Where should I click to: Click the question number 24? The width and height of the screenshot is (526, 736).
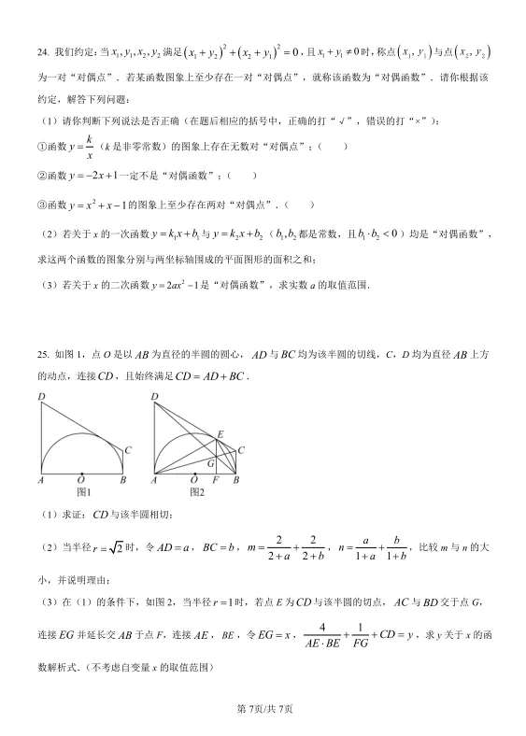[43, 53]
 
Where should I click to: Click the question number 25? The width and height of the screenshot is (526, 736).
[43, 356]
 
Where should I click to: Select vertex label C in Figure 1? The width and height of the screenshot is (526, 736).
[127, 450]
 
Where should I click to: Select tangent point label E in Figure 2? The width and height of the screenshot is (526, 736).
[220, 434]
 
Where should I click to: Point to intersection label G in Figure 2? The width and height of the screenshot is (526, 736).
[210, 462]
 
